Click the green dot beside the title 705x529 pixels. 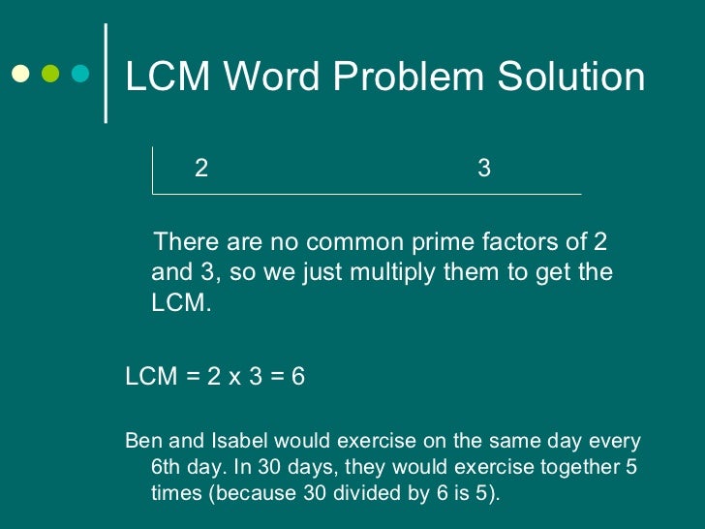50,73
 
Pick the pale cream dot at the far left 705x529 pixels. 19,73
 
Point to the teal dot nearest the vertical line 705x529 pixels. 80,73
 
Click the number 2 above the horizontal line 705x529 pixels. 201,169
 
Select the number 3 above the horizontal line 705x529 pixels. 484,169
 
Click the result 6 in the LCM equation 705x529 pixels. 298,376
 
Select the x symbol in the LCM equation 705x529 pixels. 234,376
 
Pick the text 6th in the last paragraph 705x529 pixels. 170,467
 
